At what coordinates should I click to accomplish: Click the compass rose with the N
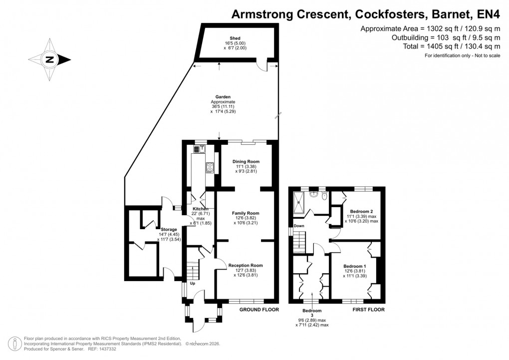pyautogui.click(x=50, y=60)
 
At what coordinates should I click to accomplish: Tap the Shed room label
pyautogui.click(x=235, y=38)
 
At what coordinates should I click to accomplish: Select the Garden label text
pyautogui.click(x=223, y=97)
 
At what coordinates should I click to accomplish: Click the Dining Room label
pyautogui.click(x=247, y=161)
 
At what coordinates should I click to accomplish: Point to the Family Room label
pyautogui.click(x=246, y=213)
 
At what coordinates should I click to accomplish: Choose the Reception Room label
pyautogui.click(x=246, y=265)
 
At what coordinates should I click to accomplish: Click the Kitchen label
pyautogui.click(x=200, y=209)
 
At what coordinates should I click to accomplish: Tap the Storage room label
pyautogui.click(x=155, y=230)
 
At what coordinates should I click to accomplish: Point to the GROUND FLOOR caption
pyautogui.click(x=259, y=310)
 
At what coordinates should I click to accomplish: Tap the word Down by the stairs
pyautogui.click(x=299, y=226)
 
